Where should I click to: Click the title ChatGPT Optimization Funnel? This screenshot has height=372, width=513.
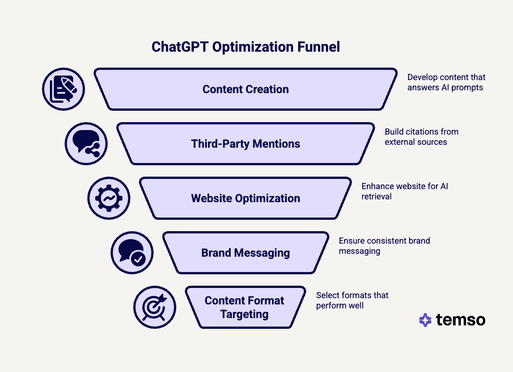(245, 47)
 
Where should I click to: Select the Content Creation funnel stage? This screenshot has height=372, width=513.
(245, 89)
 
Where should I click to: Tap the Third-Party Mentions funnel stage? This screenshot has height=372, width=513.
(245, 144)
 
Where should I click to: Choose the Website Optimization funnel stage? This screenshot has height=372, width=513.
(245, 198)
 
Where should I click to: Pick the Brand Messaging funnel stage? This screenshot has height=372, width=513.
(245, 253)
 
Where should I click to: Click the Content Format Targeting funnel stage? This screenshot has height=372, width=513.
(244, 307)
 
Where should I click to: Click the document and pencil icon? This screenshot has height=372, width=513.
(63, 89)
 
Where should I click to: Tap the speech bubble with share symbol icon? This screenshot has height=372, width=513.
(86, 144)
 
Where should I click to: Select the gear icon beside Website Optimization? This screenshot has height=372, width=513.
(109, 198)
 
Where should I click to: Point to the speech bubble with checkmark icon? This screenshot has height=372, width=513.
(132, 253)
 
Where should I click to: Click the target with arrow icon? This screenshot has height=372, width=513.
(154, 307)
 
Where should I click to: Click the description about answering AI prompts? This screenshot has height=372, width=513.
(446, 82)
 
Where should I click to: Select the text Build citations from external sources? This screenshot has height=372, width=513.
(421, 137)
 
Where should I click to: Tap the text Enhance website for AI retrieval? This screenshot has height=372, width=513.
(404, 191)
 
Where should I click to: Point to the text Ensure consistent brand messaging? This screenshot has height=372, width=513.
(384, 246)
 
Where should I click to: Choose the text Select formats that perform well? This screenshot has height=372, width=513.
(352, 300)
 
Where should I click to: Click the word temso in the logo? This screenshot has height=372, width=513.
(460, 320)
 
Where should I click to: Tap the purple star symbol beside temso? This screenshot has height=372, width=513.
(425, 320)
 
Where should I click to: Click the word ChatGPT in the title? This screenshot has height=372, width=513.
(180, 47)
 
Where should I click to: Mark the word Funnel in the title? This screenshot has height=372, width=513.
(319, 47)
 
